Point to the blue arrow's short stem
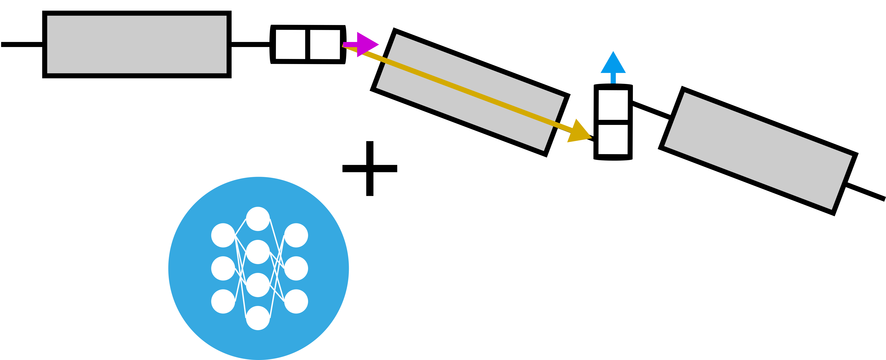(x=613, y=78)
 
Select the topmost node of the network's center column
(x=258, y=219)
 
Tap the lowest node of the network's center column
(x=258, y=318)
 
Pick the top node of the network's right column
(x=296, y=235)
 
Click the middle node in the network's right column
(x=296, y=268)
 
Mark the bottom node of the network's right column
(x=296, y=301)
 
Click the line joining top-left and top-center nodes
(x=240, y=227)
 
